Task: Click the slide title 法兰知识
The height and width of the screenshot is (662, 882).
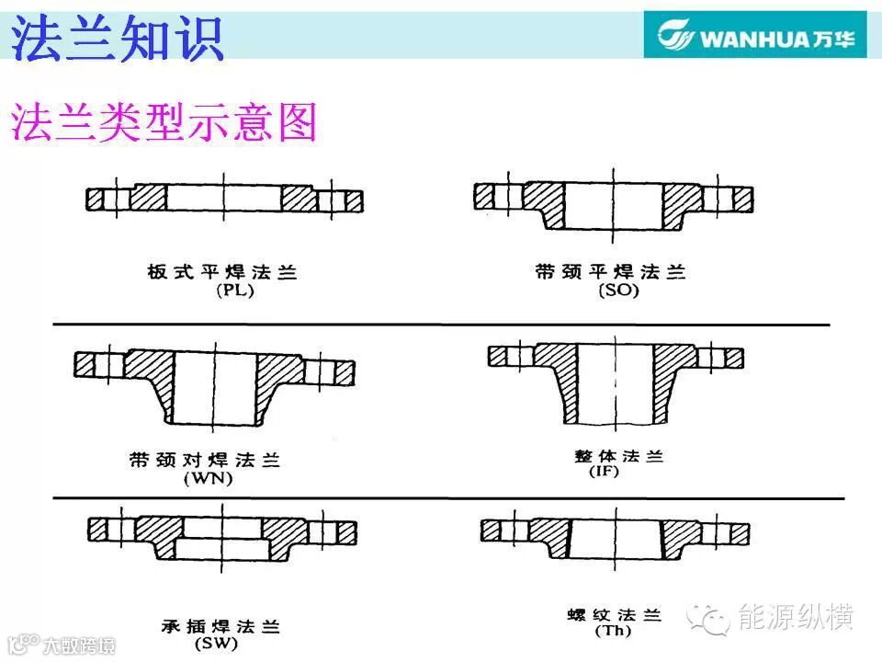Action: pyautogui.click(x=118, y=38)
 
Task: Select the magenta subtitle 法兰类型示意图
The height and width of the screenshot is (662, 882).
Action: pyautogui.click(x=164, y=122)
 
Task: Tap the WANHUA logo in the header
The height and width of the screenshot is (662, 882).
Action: pyautogui.click(x=755, y=35)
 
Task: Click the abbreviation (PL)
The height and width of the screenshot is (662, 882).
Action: pyautogui.click(x=235, y=291)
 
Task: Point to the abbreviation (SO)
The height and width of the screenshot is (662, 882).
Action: pyautogui.click(x=618, y=291)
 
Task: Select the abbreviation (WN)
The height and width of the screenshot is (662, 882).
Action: pyautogui.click(x=209, y=478)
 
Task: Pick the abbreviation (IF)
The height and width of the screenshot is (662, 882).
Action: pyautogui.click(x=605, y=471)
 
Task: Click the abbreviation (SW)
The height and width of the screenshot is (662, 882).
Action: pyautogui.click(x=216, y=643)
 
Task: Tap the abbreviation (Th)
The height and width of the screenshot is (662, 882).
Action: pyautogui.click(x=613, y=631)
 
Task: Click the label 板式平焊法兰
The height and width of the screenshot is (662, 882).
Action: pyautogui.click(x=222, y=272)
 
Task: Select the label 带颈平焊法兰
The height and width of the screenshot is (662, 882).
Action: pyautogui.click(x=610, y=272)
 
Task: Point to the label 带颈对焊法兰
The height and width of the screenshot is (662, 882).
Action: pyautogui.click(x=205, y=460)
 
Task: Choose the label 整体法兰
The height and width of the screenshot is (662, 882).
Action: pyautogui.click(x=618, y=455)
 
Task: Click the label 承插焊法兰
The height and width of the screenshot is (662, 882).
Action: pyautogui.click(x=220, y=626)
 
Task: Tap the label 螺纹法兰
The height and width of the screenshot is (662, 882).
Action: pyautogui.click(x=615, y=615)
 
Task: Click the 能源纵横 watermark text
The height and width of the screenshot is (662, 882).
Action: pyautogui.click(x=796, y=617)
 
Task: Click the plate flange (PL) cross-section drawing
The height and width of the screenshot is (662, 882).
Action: pyautogui.click(x=224, y=200)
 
